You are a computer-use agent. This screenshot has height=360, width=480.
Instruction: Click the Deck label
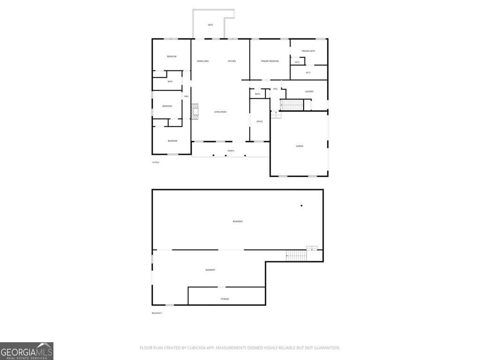(x=210, y=25)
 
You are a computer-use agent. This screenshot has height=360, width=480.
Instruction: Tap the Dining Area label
(x=202, y=61)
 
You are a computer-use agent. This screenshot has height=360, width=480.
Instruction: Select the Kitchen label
(x=232, y=61)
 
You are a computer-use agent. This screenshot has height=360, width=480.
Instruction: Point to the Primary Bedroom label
(x=270, y=61)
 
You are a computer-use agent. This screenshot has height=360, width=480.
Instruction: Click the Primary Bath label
(x=308, y=51)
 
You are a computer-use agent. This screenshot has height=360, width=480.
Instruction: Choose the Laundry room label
(x=309, y=91)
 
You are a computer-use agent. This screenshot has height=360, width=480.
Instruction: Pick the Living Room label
(x=220, y=112)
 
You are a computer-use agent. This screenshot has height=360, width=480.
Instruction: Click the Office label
(x=260, y=121)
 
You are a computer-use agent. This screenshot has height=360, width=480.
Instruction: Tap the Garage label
(x=300, y=146)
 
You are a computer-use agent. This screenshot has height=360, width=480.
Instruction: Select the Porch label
(x=231, y=150)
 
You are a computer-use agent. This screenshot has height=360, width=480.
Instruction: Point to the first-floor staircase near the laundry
(x=292, y=105)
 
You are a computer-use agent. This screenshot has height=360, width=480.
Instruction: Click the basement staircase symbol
(x=296, y=256)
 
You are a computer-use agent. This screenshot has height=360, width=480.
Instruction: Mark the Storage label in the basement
(x=225, y=299)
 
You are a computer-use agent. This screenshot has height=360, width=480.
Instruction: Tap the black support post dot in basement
(x=301, y=205)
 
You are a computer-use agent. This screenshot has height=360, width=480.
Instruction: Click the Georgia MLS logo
(x=27, y=351)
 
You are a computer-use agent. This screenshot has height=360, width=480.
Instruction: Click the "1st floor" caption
(x=156, y=162)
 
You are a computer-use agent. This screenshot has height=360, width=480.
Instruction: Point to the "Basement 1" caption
(x=157, y=313)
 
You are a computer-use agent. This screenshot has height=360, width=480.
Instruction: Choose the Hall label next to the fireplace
(x=186, y=97)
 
